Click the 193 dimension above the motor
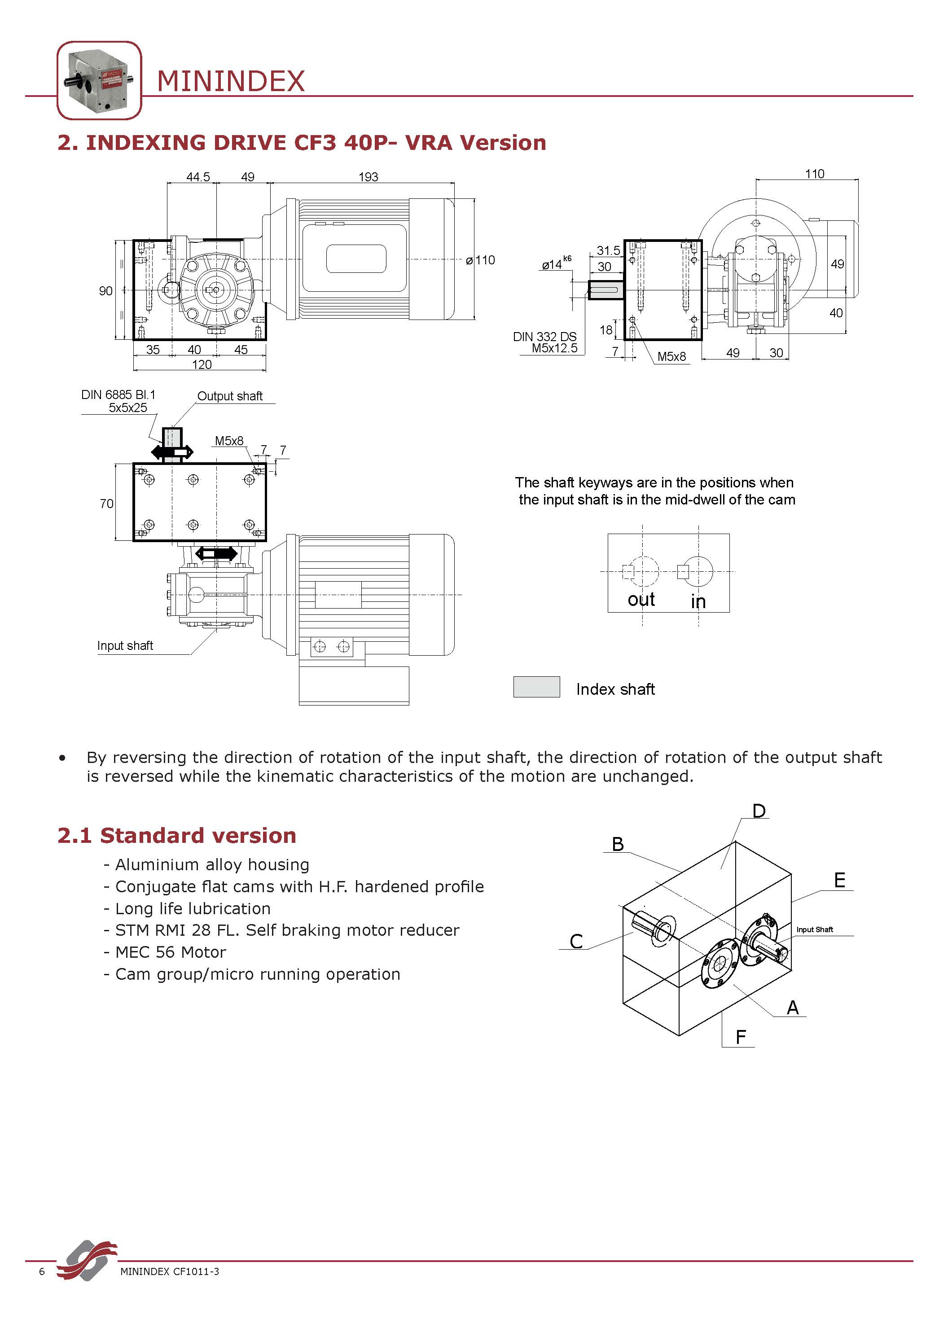(x=368, y=177)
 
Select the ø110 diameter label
(x=481, y=260)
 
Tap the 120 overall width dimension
(x=202, y=364)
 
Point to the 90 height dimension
(x=105, y=291)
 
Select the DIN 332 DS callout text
(x=544, y=337)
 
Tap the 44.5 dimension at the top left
(x=198, y=177)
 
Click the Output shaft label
(x=230, y=396)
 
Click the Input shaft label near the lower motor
(x=125, y=645)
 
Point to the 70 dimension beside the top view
(x=106, y=504)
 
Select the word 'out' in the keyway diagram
(x=641, y=600)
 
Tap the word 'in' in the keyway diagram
(x=698, y=601)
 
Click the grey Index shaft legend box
(x=536, y=687)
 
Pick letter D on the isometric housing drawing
(x=759, y=811)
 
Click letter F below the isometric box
(x=741, y=1037)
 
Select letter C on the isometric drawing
(x=576, y=941)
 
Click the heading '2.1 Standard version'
(x=176, y=836)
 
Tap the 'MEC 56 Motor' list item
(x=170, y=952)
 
